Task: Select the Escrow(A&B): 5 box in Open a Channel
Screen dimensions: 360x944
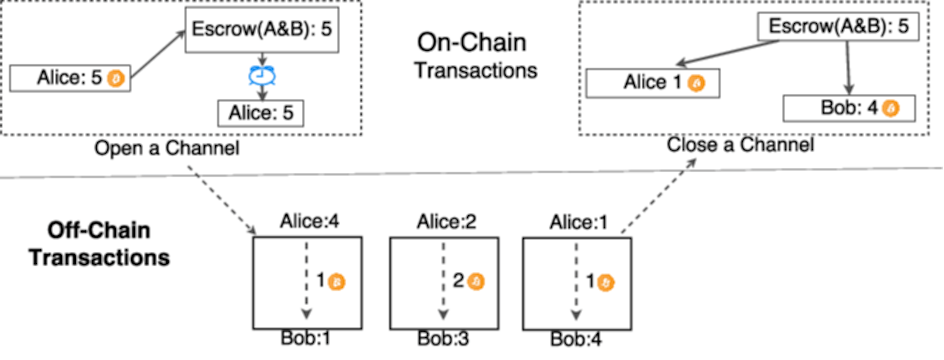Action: point(262,29)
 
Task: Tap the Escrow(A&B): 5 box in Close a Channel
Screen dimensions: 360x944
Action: point(838,26)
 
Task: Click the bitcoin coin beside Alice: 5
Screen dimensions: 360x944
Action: point(116,78)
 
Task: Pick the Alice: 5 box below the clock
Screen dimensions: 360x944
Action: point(261,113)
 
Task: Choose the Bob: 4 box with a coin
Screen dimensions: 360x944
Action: point(849,108)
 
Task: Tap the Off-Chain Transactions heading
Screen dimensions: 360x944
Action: point(99,244)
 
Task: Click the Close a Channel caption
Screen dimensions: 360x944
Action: point(740,145)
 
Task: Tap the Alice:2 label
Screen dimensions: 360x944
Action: point(446,221)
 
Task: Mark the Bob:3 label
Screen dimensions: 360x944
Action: point(443,338)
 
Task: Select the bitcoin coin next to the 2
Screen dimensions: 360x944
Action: point(476,282)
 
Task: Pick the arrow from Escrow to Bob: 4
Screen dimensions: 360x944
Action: point(848,68)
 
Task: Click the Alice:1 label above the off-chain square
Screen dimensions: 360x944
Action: point(579,222)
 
